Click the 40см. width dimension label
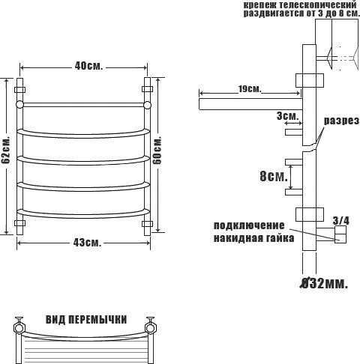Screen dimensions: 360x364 [x=88, y=66]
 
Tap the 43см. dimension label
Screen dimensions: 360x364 [x=88, y=243]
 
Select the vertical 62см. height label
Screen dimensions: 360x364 [x=5, y=150]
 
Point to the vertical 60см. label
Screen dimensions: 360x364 [x=157, y=150]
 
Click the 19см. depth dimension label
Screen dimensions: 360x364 [x=249, y=88]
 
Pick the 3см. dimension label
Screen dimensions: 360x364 [x=288, y=116]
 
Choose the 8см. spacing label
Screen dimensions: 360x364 [x=274, y=176]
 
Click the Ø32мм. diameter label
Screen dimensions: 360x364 [x=324, y=283]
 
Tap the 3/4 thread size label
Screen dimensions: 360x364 [x=341, y=220]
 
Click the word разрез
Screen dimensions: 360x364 [x=342, y=121]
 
